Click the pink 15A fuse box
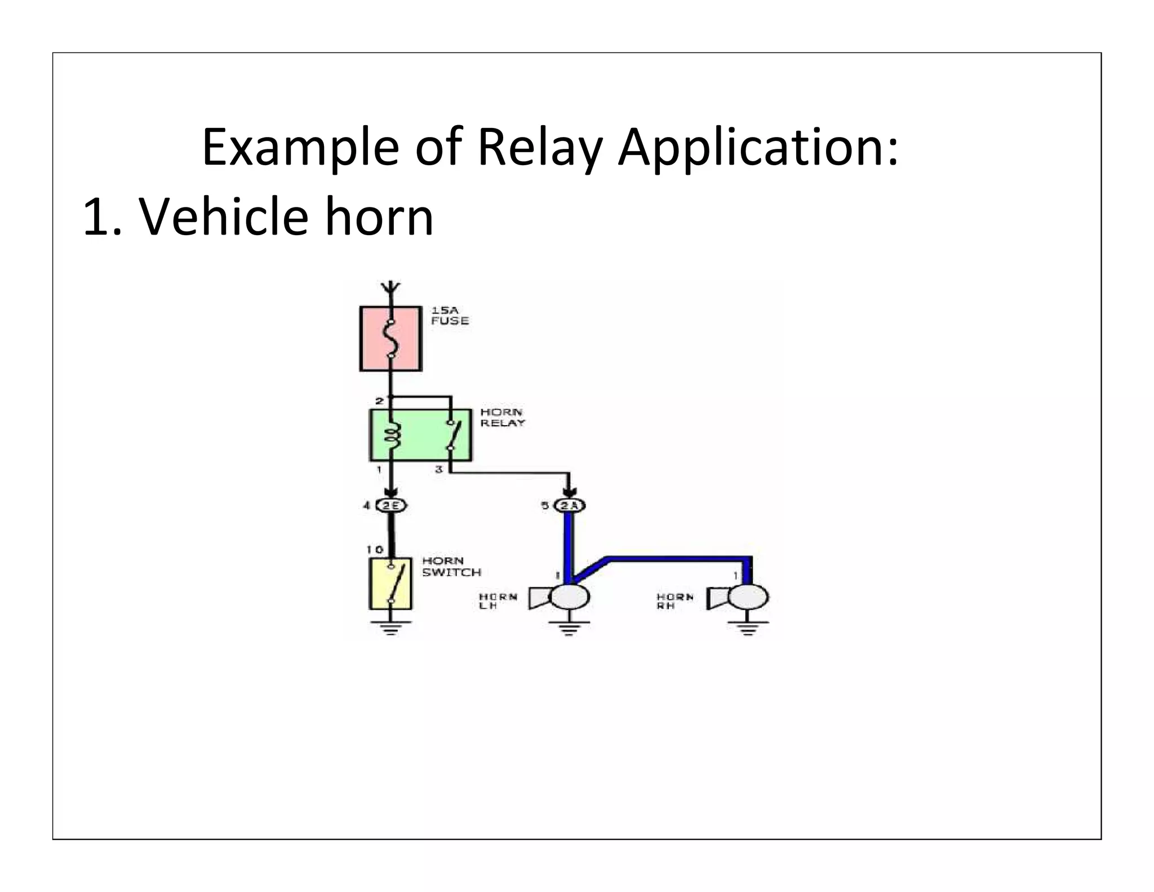click(x=390, y=338)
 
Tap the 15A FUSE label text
click(x=449, y=316)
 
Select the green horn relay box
click(x=420, y=435)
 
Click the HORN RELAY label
click(x=502, y=418)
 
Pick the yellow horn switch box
click(x=390, y=584)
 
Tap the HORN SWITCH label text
click(x=451, y=567)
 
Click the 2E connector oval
click(x=391, y=506)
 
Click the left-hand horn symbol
click(x=560, y=598)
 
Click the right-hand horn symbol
click(x=738, y=598)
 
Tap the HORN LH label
click(x=497, y=601)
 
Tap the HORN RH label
click(x=674, y=601)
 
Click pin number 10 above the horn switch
click(x=374, y=550)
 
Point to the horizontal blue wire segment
click(x=676, y=559)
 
